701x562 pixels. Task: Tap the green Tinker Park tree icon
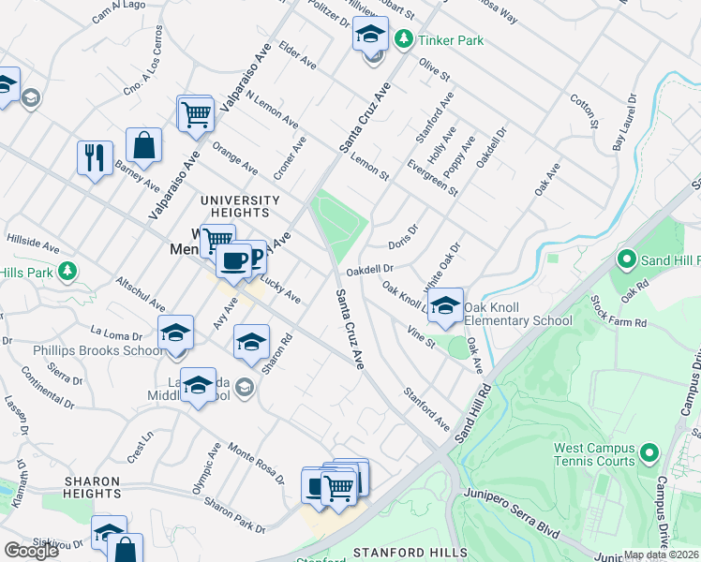pyautogui.click(x=403, y=39)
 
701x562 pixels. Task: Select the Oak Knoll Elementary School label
pyautogui.click(x=518, y=314)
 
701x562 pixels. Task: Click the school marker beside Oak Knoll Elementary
pyautogui.click(x=446, y=305)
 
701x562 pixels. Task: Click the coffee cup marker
pyautogui.click(x=232, y=259)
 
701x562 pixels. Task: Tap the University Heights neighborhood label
pyautogui.click(x=241, y=206)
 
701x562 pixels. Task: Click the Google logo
pyautogui.click(x=31, y=551)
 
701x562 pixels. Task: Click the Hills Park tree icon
pyautogui.click(x=67, y=272)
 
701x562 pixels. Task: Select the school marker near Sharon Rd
pyautogui.click(x=251, y=343)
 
